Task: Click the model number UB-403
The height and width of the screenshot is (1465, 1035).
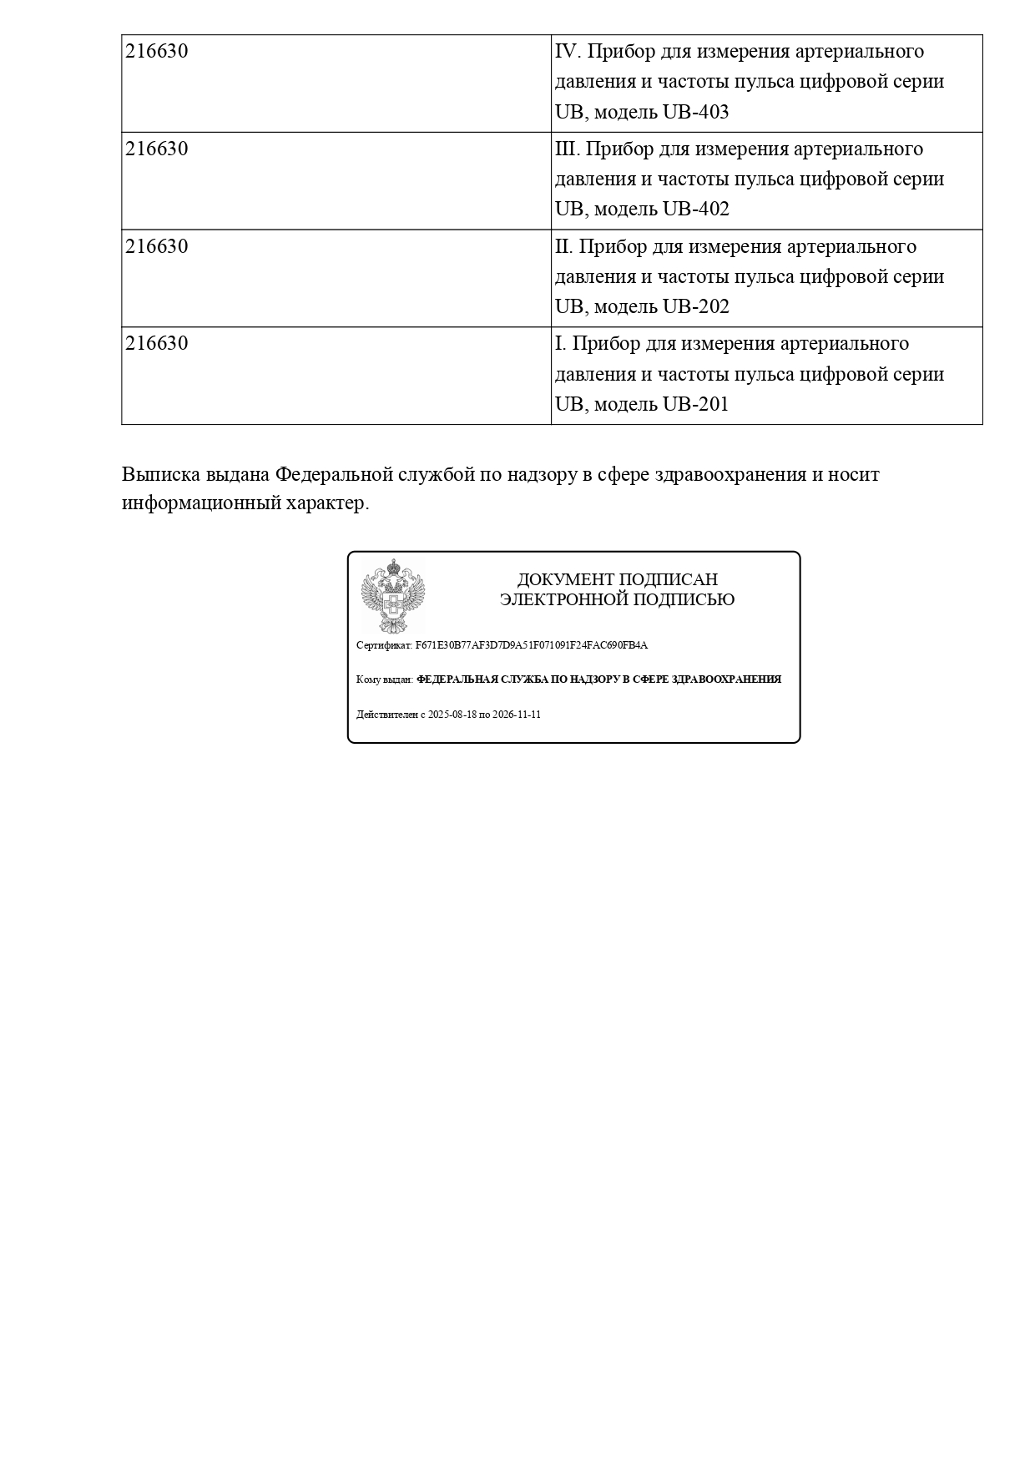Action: [695, 112]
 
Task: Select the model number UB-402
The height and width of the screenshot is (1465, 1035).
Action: [695, 209]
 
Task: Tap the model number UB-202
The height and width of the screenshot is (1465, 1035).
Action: [695, 306]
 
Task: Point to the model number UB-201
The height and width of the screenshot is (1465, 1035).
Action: [695, 404]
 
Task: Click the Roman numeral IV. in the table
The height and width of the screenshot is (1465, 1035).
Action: [568, 52]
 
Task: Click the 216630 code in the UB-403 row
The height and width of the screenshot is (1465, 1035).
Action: [157, 52]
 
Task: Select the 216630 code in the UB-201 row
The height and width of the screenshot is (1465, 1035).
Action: [157, 344]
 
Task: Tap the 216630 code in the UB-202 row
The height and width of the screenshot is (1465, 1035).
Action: [157, 247]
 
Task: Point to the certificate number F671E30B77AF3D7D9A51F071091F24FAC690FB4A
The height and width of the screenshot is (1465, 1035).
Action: [531, 645]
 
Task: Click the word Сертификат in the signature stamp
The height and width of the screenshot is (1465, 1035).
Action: [384, 645]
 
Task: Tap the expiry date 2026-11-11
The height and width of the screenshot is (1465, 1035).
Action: [517, 715]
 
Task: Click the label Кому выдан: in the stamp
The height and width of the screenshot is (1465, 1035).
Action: [384, 679]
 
